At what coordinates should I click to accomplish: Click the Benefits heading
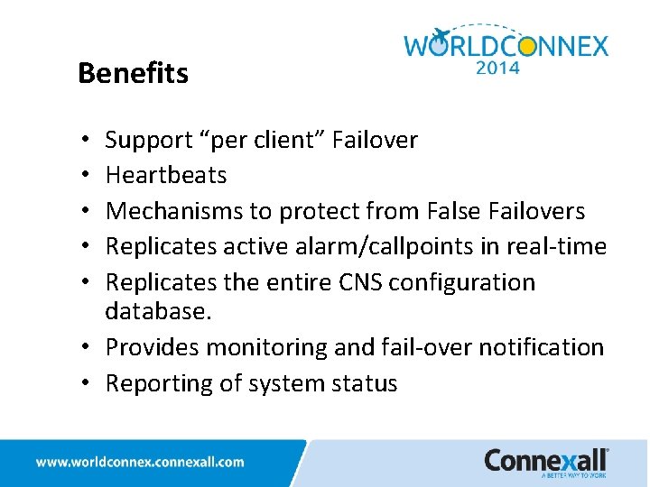click(133, 73)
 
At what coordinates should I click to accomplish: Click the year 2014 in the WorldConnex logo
click(497, 67)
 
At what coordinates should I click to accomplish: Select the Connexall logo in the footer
click(546, 461)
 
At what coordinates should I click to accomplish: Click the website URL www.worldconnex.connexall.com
click(140, 462)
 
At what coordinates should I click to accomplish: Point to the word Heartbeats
click(166, 175)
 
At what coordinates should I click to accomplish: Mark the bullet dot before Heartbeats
click(82, 176)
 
